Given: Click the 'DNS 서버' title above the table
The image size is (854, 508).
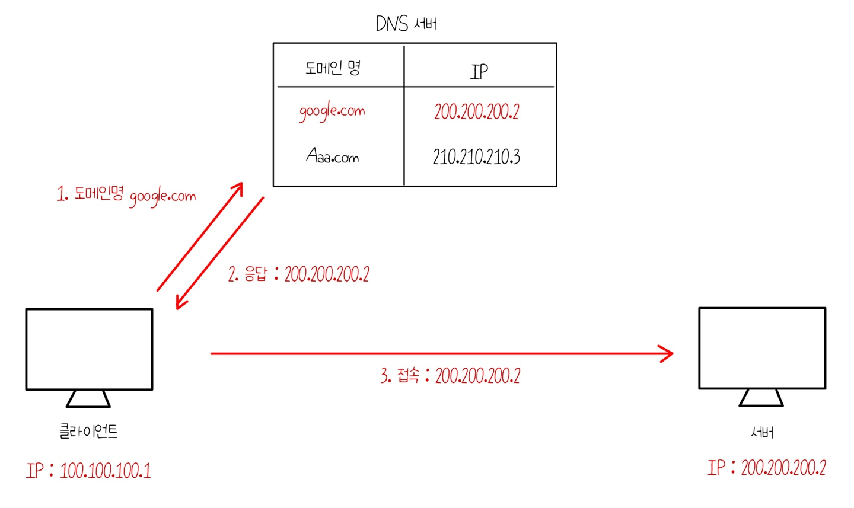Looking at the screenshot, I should pos(407,24).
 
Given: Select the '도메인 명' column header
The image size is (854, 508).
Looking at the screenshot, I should pos(333,68).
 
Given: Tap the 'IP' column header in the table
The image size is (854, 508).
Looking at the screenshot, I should pos(479,72).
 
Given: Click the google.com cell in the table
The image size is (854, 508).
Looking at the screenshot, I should pos(332,111).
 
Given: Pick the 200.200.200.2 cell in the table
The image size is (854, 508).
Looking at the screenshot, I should pos(476,111).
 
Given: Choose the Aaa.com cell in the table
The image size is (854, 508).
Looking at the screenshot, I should pos(333,156).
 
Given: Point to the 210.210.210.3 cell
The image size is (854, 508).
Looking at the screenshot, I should pos(476,156).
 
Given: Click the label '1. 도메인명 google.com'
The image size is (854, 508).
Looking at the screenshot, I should pos(126,195).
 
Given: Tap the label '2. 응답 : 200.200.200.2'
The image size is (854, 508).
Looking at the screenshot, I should pos(298,274).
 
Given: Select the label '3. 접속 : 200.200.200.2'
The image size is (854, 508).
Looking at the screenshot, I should pos(450,375).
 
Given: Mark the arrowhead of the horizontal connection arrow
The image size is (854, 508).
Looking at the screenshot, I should pos(668,353).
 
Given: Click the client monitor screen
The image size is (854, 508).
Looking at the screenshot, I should pos(89,349).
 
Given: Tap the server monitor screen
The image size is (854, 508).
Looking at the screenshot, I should pos(762,348).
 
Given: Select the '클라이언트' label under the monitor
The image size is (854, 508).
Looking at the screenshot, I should pos(88,431).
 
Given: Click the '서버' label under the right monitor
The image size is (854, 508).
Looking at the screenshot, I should pos(762,432).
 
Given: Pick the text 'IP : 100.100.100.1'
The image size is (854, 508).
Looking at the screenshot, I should pos(88,471).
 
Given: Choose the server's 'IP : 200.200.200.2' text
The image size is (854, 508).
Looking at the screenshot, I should pos(766,468).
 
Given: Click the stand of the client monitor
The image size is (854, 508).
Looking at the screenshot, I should pos(88,399).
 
